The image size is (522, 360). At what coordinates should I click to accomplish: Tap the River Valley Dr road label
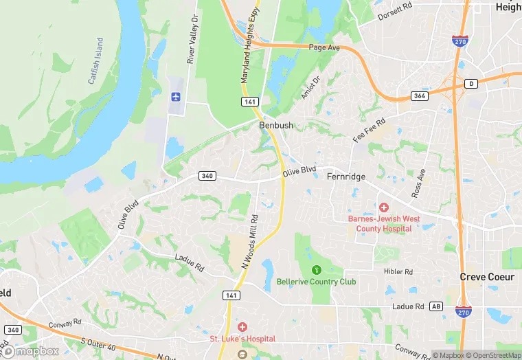click(x=193, y=40)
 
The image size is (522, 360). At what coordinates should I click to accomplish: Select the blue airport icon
click(x=175, y=98)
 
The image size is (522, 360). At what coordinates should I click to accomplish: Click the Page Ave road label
click(x=325, y=48)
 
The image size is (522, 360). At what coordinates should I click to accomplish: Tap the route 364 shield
click(x=420, y=95)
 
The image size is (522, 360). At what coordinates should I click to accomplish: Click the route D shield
click(x=471, y=84)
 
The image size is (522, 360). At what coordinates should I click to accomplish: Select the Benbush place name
click(x=276, y=126)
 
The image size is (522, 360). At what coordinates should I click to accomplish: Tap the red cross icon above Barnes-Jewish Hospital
click(x=383, y=207)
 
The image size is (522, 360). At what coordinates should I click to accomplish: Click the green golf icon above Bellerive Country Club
click(x=317, y=269)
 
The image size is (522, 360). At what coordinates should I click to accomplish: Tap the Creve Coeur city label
click(x=487, y=277)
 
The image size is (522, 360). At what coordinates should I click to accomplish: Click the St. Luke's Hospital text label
click(x=242, y=339)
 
